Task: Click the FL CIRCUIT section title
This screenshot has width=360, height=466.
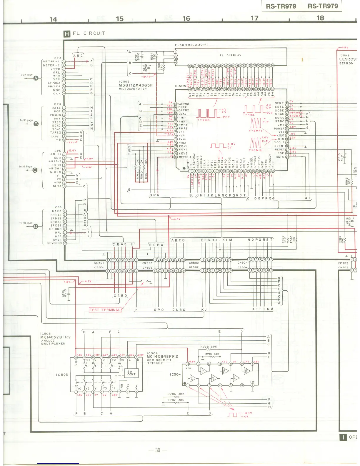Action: [x=89, y=33]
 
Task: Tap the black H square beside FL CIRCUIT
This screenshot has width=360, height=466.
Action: [x=67, y=34]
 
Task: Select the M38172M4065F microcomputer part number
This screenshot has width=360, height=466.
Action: [x=136, y=85]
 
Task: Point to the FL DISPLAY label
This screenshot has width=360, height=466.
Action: [x=230, y=55]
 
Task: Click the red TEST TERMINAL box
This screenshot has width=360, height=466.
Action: [x=105, y=309]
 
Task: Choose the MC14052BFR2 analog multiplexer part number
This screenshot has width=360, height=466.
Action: [x=56, y=337]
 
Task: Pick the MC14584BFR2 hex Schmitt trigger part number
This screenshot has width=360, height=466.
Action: [x=162, y=357]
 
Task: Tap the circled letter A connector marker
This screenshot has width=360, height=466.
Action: [x=36, y=78]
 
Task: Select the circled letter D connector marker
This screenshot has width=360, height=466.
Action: [x=36, y=226]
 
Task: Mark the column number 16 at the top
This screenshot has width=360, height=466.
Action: [x=186, y=19]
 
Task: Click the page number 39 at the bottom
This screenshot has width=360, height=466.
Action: [x=158, y=450]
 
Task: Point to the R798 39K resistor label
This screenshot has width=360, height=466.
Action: [x=209, y=347]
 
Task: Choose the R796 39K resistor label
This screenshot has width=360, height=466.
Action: [x=176, y=394]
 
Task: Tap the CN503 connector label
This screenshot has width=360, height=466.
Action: [x=147, y=263]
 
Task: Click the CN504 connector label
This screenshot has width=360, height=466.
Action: [x=242, y=263]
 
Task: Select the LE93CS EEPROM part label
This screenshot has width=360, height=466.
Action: [x=348, y=59]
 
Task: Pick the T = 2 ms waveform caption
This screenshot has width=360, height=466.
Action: [x=204, y=120]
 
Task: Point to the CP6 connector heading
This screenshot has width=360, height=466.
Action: [x=58, y=207]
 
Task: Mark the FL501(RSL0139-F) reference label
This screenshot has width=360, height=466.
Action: [x=191, y=45]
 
